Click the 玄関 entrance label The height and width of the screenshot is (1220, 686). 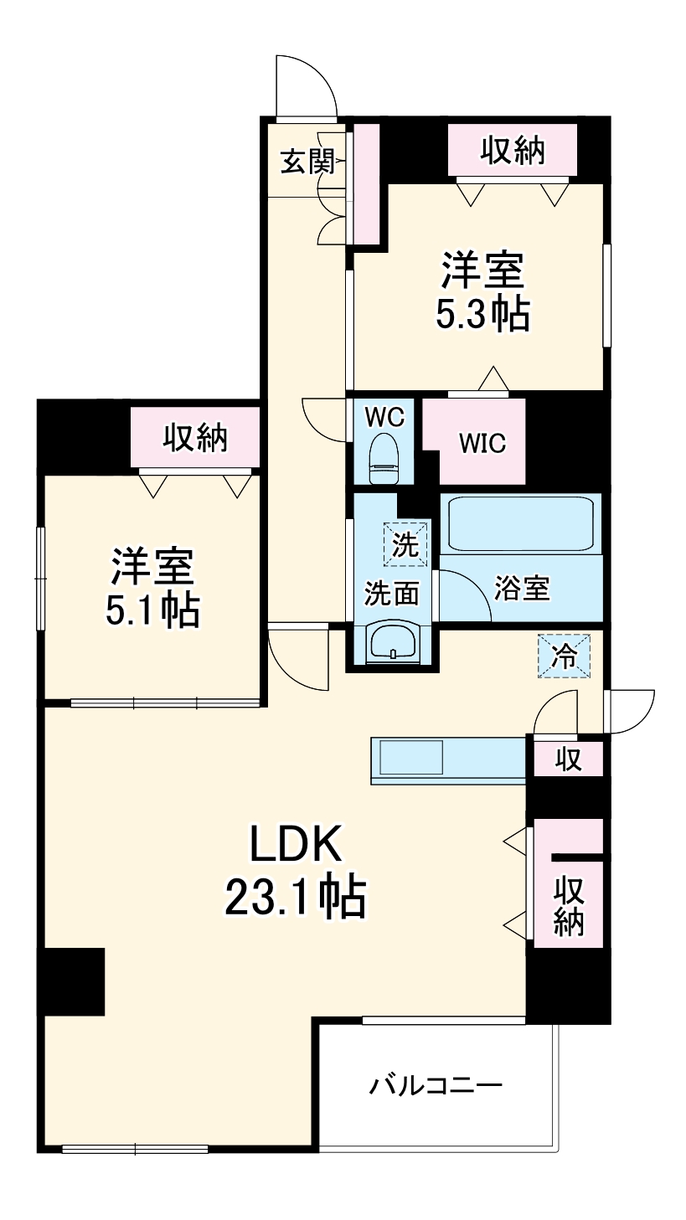coord(307,161)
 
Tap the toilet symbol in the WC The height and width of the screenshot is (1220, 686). coord(385,457)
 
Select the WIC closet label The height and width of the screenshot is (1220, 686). coord(482,443)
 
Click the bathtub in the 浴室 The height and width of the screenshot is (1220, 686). coord(520,523)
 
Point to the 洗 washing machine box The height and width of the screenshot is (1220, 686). coord(405,544)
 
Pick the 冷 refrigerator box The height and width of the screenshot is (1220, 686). coord(565,656)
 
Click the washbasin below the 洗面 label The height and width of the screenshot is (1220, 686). coord(391,643)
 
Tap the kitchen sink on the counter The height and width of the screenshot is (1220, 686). coord(410,759)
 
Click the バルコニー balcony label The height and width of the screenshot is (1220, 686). coord(436,1086)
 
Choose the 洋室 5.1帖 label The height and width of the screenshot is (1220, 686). coord(152,589)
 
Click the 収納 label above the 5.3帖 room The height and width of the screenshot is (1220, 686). coord(513,151)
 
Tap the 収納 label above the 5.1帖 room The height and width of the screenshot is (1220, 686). coord(194,437)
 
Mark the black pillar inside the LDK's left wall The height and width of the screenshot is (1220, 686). coord(74,981)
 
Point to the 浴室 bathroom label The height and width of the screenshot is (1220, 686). coord(522,589)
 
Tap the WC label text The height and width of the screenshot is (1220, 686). coord(385,416)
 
